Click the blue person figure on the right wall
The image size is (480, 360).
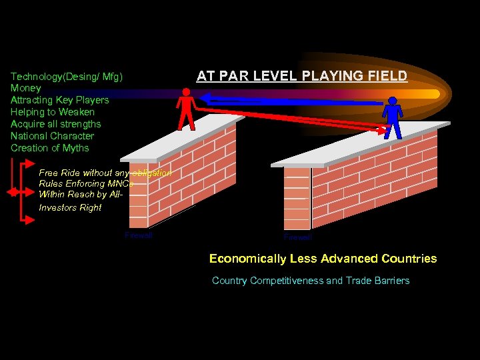coord(393,117)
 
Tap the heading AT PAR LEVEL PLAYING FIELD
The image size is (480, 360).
coord(301,76)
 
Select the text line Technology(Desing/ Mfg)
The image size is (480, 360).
coord(67,76)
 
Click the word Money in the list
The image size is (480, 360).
coord(26,88)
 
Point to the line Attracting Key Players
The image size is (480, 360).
coord(59,100)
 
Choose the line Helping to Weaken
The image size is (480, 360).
coord(53,112)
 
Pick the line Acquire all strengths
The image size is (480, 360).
coord(56,124)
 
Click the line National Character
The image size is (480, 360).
coord(53,136)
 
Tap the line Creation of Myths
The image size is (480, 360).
coord(50,148)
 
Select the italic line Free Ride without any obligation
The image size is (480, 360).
coord(105,173)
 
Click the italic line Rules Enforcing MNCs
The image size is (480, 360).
coord(86,183)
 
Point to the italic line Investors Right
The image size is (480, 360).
coord(70,207)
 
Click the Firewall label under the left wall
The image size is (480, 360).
coord(139,235)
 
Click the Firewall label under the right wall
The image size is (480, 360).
coord(297,237)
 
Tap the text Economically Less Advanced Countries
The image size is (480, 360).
coord(323,259)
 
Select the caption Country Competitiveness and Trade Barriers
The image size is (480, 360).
coord(311,281)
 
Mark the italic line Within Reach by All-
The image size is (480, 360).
coord(81,195)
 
